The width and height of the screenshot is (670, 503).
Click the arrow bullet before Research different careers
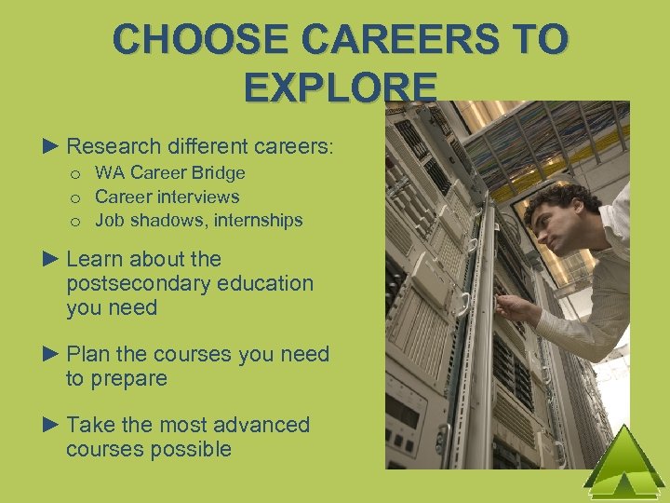coord(52,146)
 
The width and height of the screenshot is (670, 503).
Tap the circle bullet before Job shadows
coord(76,222)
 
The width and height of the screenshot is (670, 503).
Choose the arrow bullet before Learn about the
coord(52,259)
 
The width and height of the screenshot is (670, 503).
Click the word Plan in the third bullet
coord(87,354)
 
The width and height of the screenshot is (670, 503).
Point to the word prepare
coord(129,379)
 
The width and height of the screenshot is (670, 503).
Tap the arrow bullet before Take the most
coord(52,425)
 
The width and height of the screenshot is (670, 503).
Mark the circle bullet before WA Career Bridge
coord(76,173)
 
